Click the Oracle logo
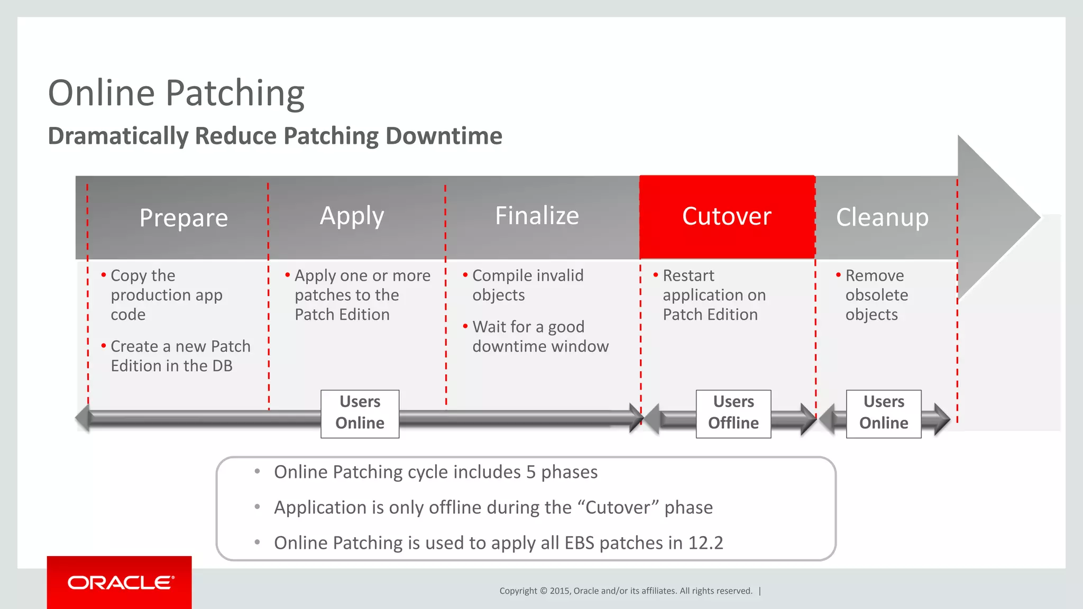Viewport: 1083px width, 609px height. click(x=120, y=583)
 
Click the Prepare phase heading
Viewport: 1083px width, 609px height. click(x=183, y=218)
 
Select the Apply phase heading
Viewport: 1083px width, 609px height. click(x=352, y=216)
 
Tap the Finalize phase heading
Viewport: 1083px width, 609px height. click(x=537, y=216)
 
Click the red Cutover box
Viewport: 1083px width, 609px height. click(x=727, y=217)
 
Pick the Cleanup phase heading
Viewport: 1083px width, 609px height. click(x=882, y=217)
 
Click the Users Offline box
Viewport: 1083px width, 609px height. click(x=733, y=413)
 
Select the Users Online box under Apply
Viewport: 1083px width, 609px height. click(x=360, y=413)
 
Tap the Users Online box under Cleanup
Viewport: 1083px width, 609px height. click(x=883, y=413)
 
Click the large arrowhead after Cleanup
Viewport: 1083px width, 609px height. click(x=994, y=217)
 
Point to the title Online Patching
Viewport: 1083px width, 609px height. click(x=176, y=93)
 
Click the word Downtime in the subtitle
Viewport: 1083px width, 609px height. click(x=444, y=136)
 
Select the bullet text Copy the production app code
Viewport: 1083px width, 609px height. click(x=166, y=295)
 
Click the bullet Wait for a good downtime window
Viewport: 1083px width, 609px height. click(x=539, y=337)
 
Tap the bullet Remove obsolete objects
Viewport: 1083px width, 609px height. click(x=876, y=295)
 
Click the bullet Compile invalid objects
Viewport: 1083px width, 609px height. click(x=527, y=285)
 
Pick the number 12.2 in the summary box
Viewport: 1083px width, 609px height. click(x=705, y=543)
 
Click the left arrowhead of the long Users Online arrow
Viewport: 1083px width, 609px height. click(x=83, y=418)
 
